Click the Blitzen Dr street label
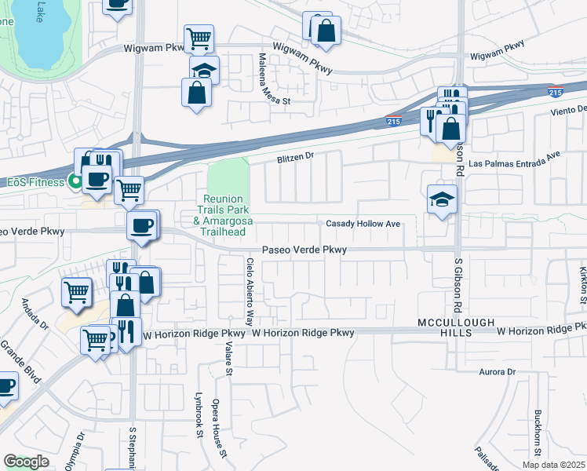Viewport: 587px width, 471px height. tap(294, 156)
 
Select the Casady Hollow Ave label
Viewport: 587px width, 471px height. tap(363, 224)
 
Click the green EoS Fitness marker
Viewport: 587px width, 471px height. tap(76, 182)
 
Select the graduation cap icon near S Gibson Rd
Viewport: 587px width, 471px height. tap(442, 199)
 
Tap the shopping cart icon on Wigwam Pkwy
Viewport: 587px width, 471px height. tap(199, 37)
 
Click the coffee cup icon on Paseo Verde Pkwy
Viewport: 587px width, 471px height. tap(141, 225)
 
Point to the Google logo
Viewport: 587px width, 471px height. tap(26, 462)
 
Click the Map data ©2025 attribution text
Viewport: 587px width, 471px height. tap(553, 465)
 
